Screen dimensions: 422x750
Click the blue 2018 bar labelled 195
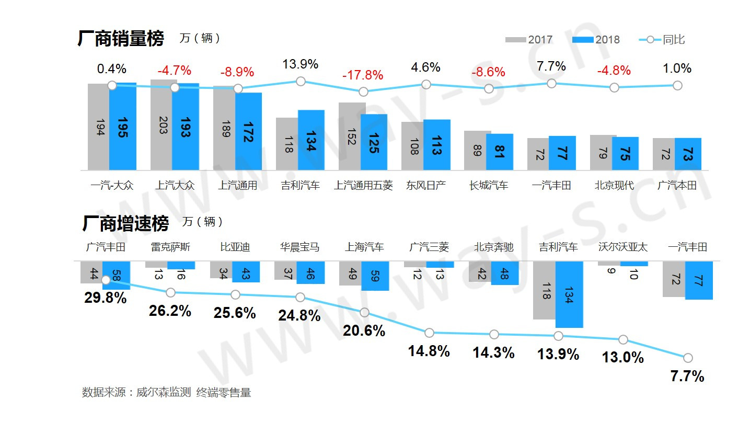(123, 127)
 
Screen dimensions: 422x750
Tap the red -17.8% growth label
(363, 75)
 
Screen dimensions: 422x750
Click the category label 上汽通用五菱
(363, 186)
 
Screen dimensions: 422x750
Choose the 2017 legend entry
(529, 40)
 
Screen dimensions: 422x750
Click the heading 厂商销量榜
(121, 39)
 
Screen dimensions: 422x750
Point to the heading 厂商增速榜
(125, 223)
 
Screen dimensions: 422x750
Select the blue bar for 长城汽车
(500, 152)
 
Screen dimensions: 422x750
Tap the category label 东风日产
(426, 186)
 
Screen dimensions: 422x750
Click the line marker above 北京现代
(614, 87)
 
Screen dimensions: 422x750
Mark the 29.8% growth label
(106, 298)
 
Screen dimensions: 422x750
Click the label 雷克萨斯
(170, 247)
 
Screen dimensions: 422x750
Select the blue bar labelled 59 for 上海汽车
(375, 276)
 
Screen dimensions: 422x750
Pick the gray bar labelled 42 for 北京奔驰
(480, 271)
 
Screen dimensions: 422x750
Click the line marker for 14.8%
(429, 333)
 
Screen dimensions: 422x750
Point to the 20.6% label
(364, 330)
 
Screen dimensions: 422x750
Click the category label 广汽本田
(677, 186)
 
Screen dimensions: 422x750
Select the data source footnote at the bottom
(166, 392)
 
